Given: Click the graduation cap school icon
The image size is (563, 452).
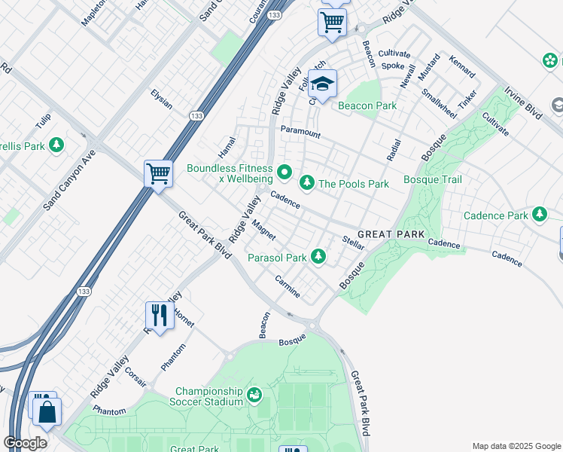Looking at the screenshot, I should (322, 84).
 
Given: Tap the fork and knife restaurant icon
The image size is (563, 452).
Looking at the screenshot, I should (160, 313).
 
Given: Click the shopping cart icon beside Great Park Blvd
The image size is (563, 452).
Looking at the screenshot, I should (159, 173).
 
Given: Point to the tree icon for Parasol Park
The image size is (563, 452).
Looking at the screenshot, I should (319, 258).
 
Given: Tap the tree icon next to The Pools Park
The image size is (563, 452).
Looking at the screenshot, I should (307, 183).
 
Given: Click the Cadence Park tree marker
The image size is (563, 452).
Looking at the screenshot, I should (539, 215).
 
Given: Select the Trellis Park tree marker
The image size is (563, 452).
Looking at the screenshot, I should (56, 145).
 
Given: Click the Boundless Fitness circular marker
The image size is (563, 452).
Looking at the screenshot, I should (285, 174).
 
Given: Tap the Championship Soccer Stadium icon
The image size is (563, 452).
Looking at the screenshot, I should (254, 394).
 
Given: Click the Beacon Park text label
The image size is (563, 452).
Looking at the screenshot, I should (367, 105).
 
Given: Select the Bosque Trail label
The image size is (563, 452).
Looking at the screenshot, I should (433, 179).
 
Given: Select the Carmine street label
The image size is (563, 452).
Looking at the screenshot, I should (288, 286).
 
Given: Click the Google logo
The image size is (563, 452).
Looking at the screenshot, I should (26, 442).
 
